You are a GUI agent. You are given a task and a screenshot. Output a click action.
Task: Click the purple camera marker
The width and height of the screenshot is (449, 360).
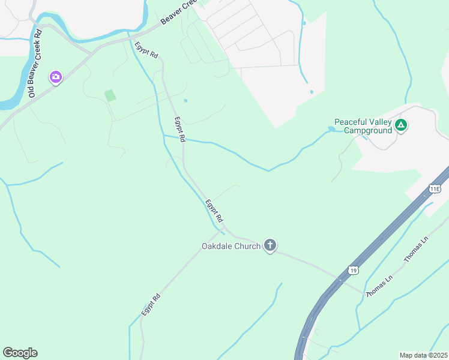[56, 77]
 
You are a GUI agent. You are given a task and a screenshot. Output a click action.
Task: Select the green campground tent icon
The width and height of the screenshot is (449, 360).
[401, 125]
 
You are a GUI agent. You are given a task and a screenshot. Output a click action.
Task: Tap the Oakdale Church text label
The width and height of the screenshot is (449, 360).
[231, 246]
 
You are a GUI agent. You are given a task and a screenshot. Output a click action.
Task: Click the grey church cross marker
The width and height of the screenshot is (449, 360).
[270, 245]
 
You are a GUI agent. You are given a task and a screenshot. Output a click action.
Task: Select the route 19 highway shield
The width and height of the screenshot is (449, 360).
[354, 271]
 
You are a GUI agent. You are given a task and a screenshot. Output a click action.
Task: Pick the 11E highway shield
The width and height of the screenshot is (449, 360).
[435, 188]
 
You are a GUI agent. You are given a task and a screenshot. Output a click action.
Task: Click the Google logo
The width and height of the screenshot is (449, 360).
[20, 353]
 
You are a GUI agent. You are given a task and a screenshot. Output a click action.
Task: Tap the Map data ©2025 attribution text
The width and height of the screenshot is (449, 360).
[423, 355]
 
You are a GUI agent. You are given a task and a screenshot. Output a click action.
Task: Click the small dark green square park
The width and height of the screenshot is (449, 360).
[110, 95]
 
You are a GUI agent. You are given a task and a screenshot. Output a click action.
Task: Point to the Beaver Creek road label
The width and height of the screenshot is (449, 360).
[178, 16]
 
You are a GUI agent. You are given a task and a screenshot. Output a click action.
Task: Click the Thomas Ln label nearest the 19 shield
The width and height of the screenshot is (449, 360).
[379, 284]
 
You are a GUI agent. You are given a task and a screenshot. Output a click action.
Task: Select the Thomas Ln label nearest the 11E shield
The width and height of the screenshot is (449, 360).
[417, 249]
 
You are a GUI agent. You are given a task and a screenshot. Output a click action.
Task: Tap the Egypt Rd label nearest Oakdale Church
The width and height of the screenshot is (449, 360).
[214, 211]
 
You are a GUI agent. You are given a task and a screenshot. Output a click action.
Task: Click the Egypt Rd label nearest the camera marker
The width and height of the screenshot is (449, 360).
[146, 49]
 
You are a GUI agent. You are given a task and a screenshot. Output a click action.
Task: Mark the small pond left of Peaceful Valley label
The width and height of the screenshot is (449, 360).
[331, 129]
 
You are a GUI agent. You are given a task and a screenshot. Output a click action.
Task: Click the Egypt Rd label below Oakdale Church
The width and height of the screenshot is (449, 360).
[151, 305]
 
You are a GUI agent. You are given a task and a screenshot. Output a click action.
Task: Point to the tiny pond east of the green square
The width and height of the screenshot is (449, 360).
[185, 100]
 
